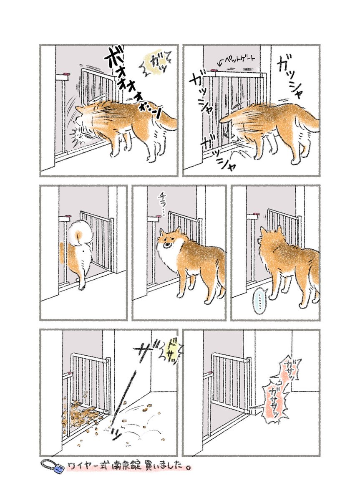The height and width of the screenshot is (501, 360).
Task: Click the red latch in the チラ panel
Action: tap(159, 216)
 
